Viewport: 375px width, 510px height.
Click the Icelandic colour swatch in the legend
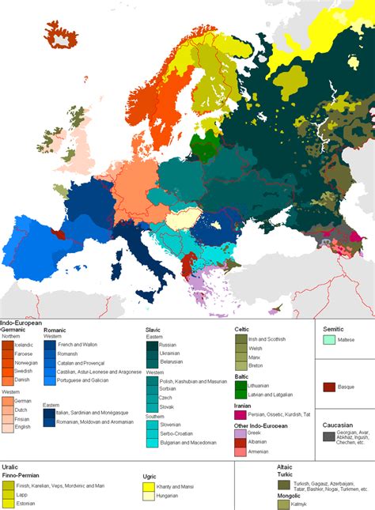[x=7, y=346]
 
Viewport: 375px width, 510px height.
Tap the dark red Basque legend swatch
[x=329, y=387]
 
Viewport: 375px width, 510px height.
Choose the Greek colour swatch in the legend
[x=241, y=433]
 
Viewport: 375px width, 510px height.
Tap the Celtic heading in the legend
[x=244, y=328]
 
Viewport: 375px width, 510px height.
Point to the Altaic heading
[x=284, y=467]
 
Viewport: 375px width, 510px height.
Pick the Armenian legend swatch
[x=241, y=452]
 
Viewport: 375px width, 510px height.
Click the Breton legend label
[x=258, y=366]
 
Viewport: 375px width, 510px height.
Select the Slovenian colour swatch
[x=151, y=425]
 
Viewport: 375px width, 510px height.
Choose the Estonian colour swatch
[x=7, y=502]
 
